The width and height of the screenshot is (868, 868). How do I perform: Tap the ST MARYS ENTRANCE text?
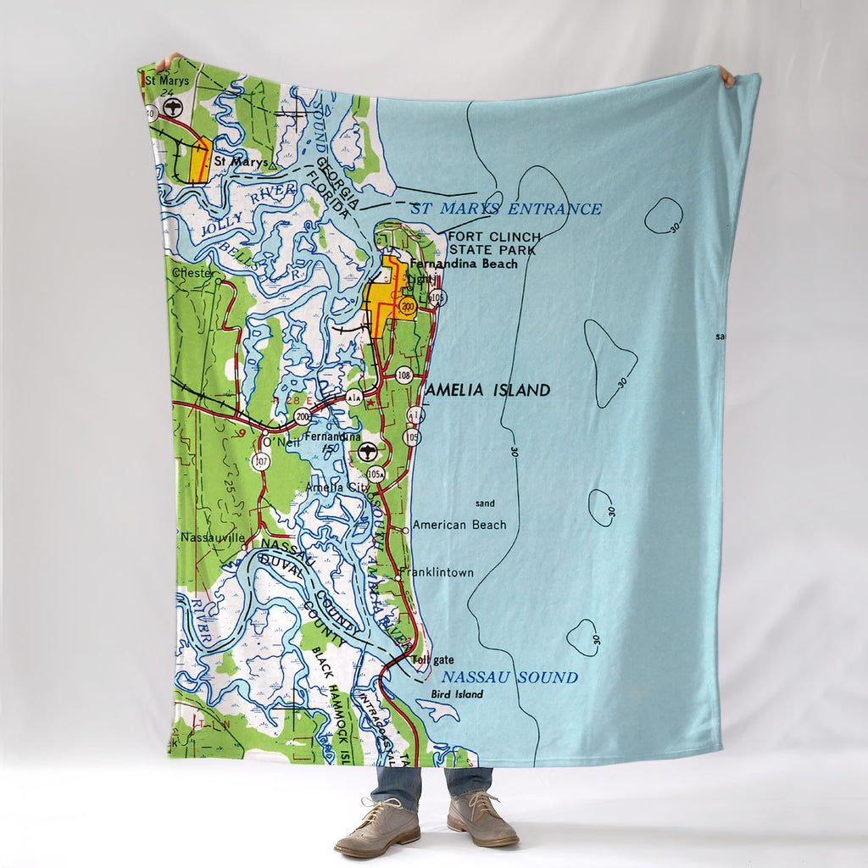point(506,209)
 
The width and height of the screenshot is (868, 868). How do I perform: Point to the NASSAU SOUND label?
point(509,677)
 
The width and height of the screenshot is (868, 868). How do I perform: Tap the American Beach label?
point(459,525)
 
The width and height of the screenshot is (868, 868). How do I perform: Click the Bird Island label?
point(457,694)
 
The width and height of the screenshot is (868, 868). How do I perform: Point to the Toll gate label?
point(432,660)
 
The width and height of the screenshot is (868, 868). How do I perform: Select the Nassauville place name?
point(212,537)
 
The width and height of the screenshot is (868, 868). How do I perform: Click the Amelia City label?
point(337,487)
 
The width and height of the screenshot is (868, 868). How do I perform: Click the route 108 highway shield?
point(403,374)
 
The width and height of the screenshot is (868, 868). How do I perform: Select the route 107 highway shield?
point(261,461)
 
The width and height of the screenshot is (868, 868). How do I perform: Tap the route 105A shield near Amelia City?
point(376,473)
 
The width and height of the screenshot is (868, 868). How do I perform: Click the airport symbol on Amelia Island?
point(367,451)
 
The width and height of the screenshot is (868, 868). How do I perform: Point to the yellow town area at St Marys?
point(200,161)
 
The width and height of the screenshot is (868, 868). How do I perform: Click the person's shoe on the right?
point(482,822)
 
